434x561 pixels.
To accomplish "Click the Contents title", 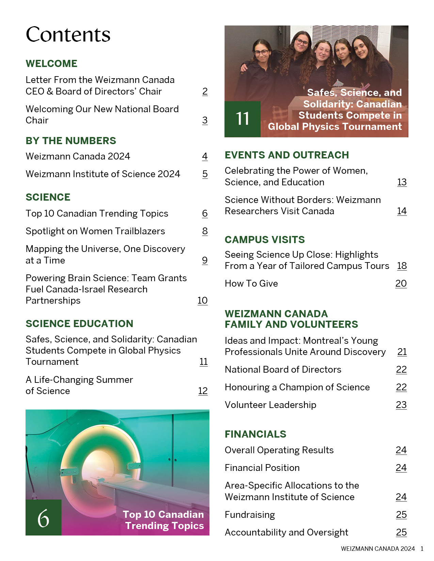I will [x=68, y=34].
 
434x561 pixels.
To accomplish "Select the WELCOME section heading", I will [x=51, y=64].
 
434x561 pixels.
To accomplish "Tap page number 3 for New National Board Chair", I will [x=205, y=120].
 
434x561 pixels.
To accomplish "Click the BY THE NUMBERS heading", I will [x=71, y=141].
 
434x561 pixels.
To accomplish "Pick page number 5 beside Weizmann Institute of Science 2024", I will [x=205, y=174].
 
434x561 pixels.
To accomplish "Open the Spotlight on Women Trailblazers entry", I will [x=95, y=231].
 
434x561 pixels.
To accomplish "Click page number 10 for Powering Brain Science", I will [x=203, y=301].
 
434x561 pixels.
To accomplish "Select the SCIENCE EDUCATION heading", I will [x=79, y=324].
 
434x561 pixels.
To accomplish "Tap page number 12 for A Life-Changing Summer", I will [x=203, y=391].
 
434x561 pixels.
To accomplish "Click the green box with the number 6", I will [x=44, y=517].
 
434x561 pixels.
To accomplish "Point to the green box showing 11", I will [x=242, y=119].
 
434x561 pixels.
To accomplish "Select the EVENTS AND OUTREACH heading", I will [x=287, y=155].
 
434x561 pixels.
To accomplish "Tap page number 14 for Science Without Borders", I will [x=402, y=211].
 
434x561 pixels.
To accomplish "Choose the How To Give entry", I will [x=251, y=284].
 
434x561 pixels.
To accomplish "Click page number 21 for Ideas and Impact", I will [x=402, y=352].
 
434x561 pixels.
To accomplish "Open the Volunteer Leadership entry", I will [x=271, y=405].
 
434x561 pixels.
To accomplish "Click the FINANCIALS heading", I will [x=255, y=434].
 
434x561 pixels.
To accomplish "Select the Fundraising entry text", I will [x=250, y=515].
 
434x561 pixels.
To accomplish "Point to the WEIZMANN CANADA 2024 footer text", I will [x=378, y=549].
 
